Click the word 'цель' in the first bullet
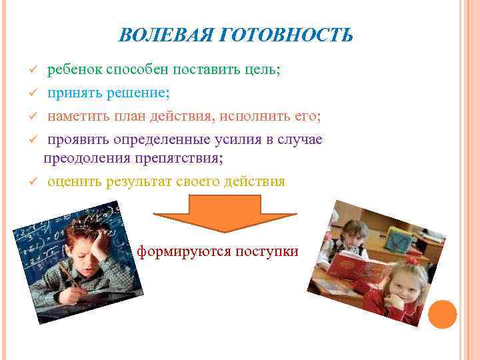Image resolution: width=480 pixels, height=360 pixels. click(263, 71)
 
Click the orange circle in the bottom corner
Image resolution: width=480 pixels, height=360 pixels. click(442, 314)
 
